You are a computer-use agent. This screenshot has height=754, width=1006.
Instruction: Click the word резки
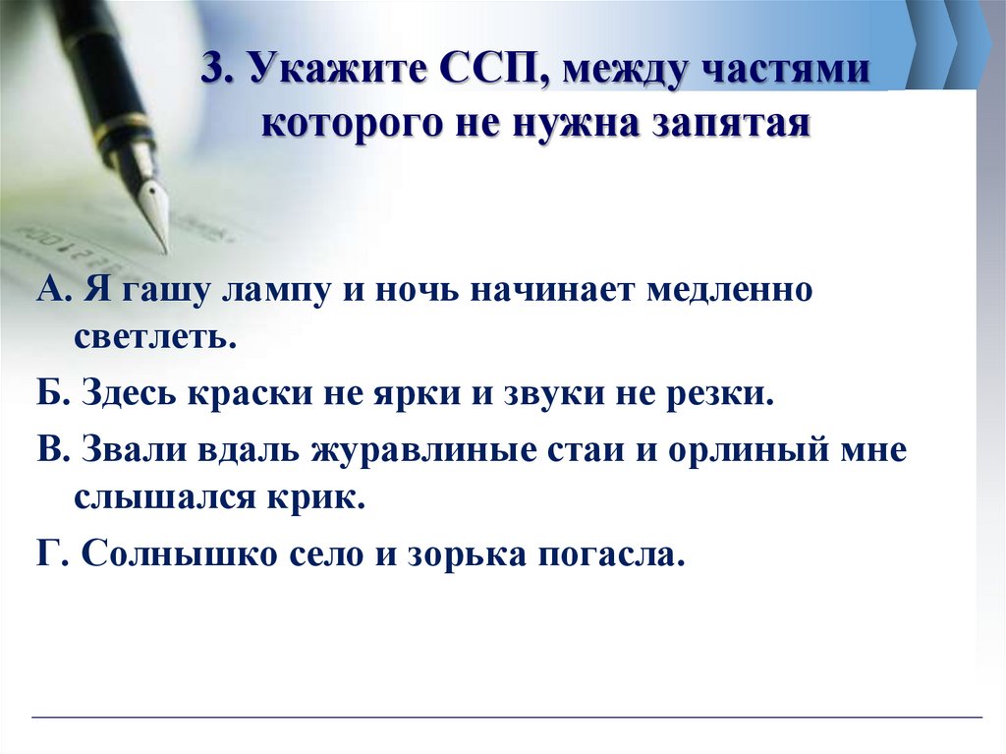coord(720,395)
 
